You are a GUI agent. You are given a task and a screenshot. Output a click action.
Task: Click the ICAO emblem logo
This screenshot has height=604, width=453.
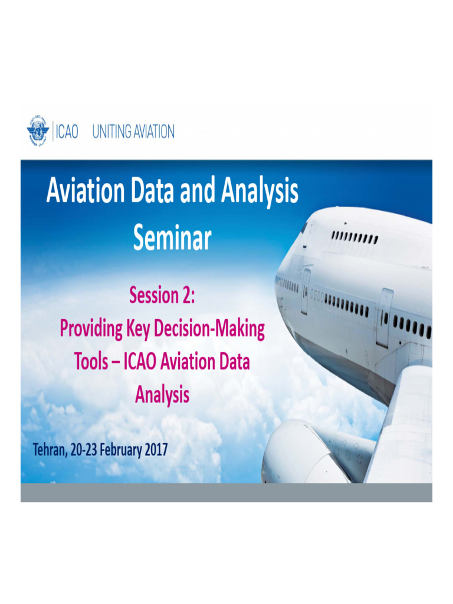coord(38,130)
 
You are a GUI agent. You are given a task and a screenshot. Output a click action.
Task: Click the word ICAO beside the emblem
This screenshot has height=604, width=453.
coord(67,132)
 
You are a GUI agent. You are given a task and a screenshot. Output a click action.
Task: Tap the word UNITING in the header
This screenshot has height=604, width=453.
coord(111,132)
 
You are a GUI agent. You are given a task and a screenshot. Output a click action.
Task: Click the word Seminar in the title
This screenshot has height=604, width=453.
coord(172,238)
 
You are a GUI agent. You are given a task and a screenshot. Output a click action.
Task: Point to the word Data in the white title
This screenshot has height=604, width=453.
coord(152,191)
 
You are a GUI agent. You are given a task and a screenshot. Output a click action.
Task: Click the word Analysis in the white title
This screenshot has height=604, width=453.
coord(260,192)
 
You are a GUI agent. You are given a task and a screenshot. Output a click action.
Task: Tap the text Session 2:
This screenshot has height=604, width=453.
coord(162,296)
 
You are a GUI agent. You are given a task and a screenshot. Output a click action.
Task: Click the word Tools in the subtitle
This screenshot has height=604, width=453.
coord(91,362)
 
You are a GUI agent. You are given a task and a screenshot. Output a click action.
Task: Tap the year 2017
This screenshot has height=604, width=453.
coord(156,449)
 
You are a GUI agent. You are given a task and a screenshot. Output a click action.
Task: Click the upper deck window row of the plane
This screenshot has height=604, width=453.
coord(354,237)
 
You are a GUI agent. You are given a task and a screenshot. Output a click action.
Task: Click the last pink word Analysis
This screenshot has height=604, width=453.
coord(162,395)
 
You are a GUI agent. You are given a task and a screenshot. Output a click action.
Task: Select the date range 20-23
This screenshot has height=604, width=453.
coord(83,449)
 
